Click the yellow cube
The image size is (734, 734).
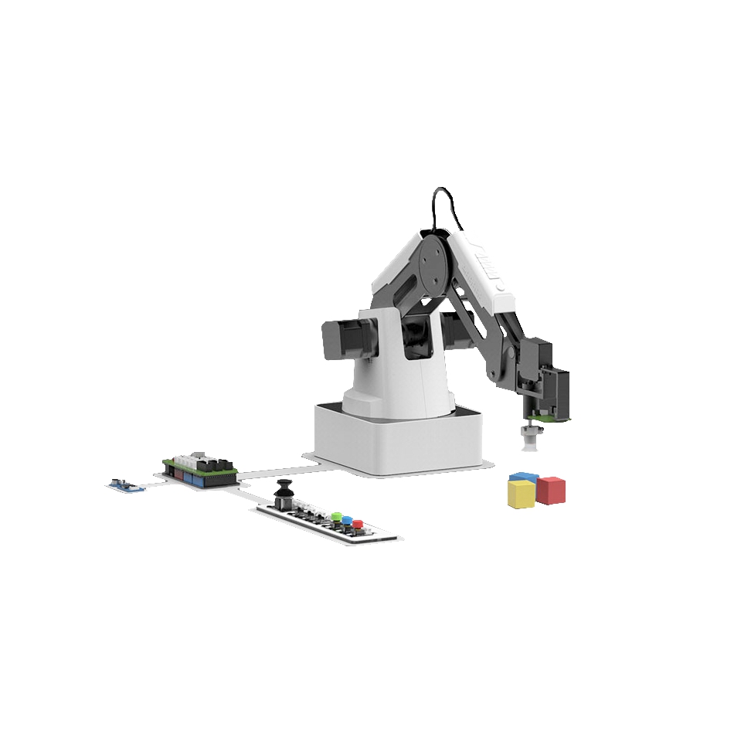(522, 494)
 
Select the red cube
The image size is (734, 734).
(552, 490)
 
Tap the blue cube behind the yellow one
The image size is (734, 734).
(524, 477)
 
